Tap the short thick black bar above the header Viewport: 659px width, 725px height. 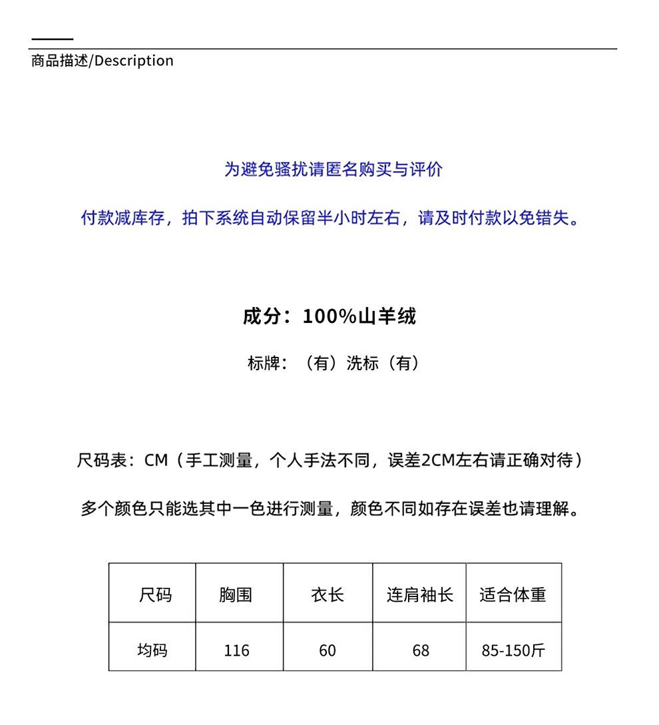coord(52,39)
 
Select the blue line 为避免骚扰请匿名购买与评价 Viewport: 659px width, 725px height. coord(333,170)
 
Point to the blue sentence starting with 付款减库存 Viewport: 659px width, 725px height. coord(331,218)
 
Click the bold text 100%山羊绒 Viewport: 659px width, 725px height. coord(359,316)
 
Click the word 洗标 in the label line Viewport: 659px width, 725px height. coord(363,363)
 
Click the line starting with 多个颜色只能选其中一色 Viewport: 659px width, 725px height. coord(331,509)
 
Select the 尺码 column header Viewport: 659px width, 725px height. coord(155,594)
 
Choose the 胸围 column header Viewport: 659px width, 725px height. coord(236,594)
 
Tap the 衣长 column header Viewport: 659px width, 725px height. coord(328,594)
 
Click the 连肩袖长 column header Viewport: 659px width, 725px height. coord(420,594)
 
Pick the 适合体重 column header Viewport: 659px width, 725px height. coord(513,594)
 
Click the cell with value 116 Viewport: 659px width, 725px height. coord(237,650)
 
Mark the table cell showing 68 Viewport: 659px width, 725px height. coord(421,650)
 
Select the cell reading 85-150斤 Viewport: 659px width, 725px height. coord(513,650)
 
